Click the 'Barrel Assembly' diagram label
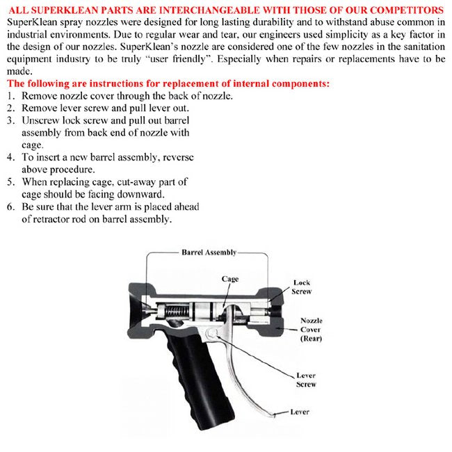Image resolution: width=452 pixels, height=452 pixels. [209, 252]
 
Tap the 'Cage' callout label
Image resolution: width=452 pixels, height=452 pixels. [230, 279]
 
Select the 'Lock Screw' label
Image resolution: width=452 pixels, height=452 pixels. [302, 287]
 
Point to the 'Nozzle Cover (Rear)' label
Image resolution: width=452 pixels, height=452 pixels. [311, 330]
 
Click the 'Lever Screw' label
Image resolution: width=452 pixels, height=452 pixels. [306, 380]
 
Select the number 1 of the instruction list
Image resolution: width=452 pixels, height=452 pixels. [10, 96]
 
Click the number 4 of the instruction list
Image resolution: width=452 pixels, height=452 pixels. [10, 158]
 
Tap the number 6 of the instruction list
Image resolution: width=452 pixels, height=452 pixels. [10, 207]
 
